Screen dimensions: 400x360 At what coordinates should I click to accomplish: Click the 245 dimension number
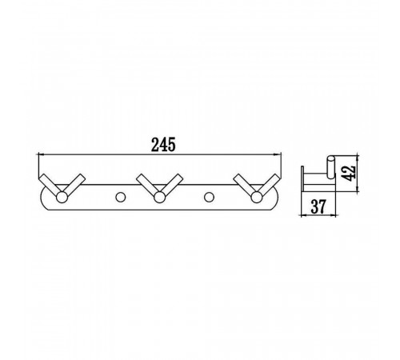point(163,145)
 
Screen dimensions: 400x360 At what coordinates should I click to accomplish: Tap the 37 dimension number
point(318,206)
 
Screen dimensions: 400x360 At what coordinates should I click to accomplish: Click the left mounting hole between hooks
point(121,198)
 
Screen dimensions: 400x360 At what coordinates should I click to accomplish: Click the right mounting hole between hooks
point(209,198)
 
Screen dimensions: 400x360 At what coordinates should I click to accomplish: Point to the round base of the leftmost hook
point(62,198)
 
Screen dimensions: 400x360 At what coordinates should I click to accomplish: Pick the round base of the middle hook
point(159,198)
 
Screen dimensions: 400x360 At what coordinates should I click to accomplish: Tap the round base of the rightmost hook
point(257,198)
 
